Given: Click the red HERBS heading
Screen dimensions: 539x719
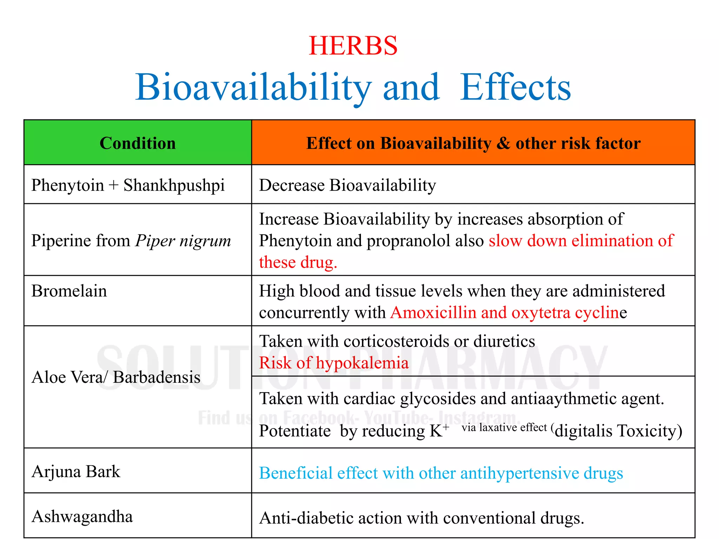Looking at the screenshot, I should (353, 46).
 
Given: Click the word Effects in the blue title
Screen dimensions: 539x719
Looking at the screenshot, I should (515, 87).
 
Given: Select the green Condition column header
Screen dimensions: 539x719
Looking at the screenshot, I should (138, 143).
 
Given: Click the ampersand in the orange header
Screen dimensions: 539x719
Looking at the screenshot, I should (503, 143).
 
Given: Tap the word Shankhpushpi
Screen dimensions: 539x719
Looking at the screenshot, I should (174, 185).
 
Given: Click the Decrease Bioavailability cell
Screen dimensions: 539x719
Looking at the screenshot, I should (347, 185).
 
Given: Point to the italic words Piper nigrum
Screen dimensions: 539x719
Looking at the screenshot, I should (183, 241).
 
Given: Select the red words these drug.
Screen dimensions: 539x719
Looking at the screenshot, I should (298, 262).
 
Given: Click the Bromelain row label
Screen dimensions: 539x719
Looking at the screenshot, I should (69, 291).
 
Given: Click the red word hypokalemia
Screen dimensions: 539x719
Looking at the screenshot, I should (362, 363).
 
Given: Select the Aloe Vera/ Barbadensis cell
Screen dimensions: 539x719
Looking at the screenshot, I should (116, 377).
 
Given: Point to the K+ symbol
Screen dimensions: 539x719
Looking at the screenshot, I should (439, 430).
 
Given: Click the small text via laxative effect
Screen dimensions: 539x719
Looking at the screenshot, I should (504, 427).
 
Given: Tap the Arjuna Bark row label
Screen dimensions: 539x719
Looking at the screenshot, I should (76, 471).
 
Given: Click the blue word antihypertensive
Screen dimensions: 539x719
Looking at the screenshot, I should (520, 473).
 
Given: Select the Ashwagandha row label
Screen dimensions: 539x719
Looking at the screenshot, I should (82, 517).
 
